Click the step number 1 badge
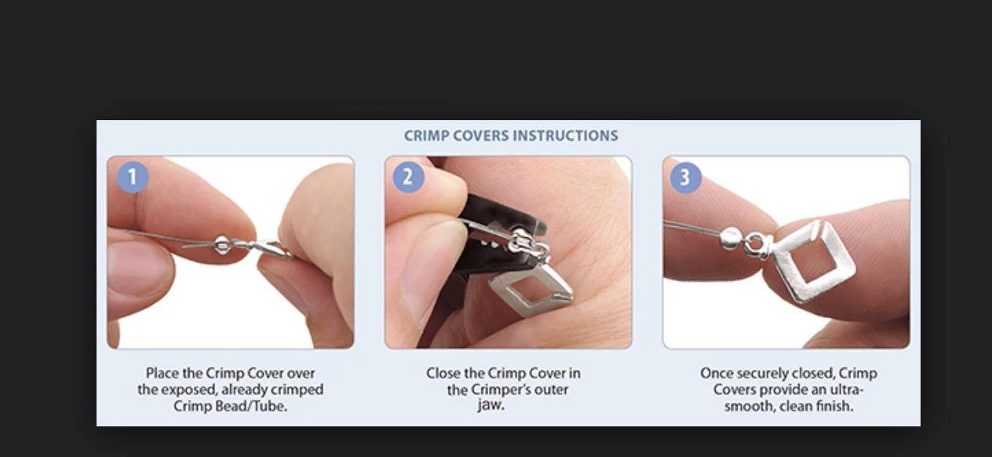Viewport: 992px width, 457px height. pyautogui.click(x=133, y=177)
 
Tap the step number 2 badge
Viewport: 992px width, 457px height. pyautogui.click(x=408, y=177)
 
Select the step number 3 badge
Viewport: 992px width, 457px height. pyautogui.click(x=686, y=177)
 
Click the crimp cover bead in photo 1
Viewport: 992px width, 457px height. pyautogui.click(x=221, y=245)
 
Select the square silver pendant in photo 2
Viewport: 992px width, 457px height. pyautogui.click(x=531, y=290)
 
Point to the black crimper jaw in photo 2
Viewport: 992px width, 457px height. pyautogui.click(x=491, y=221)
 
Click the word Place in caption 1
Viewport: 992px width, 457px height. pyautogui.click(x=161, y=373)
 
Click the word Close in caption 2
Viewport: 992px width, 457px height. pyautogui.click(x=443, y=373)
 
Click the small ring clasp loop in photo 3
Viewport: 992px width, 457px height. pyautogui.click(x=755, y=243)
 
